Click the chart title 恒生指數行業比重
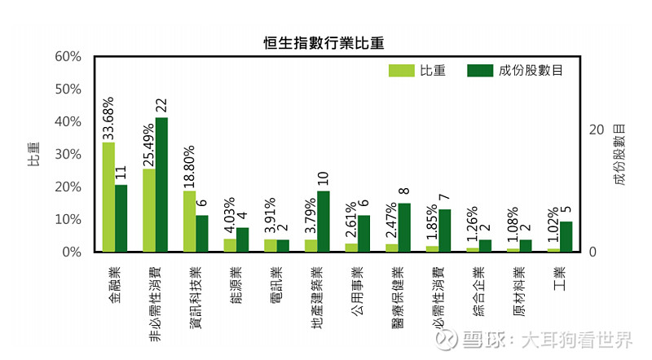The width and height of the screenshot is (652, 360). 324,42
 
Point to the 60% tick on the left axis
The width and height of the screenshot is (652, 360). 68,56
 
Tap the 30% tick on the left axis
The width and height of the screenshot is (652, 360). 68,154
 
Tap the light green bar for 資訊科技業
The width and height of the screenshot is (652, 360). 189,221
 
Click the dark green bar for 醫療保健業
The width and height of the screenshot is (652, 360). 404,227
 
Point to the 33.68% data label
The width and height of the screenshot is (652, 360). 108,118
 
